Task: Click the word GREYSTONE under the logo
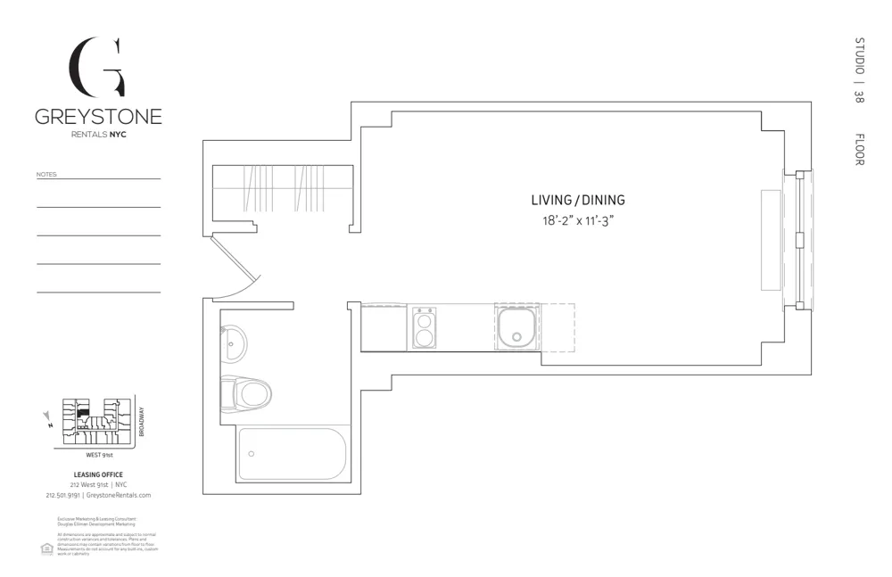(x=98, y=117)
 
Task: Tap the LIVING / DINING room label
(x=579, y=201)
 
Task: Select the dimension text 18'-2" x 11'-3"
(x=579, y=220)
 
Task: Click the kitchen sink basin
(x=516, y=326)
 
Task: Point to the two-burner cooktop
(x=424, y=327)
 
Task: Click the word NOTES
(x=46, y=175)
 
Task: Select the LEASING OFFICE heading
(x=98, y=474)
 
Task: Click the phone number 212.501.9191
(x=62, y=495)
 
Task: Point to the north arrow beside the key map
(x=48, y=417)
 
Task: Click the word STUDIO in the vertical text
(x=859, y=56)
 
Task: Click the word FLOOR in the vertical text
(x=859, y=149)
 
